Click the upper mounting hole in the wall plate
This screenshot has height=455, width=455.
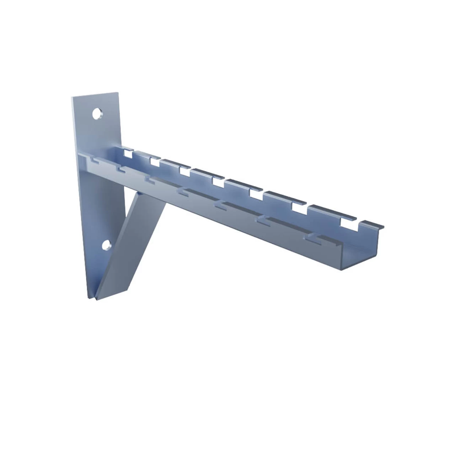pyautogui.click(x=97, y=114)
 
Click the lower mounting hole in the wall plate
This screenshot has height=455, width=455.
pyautogui.click(x=106, y=244)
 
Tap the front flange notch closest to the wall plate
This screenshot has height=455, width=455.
pyautogui.click(x=94, y=162)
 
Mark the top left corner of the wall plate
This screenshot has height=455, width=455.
pyautogui.click(x=72, y=97)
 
